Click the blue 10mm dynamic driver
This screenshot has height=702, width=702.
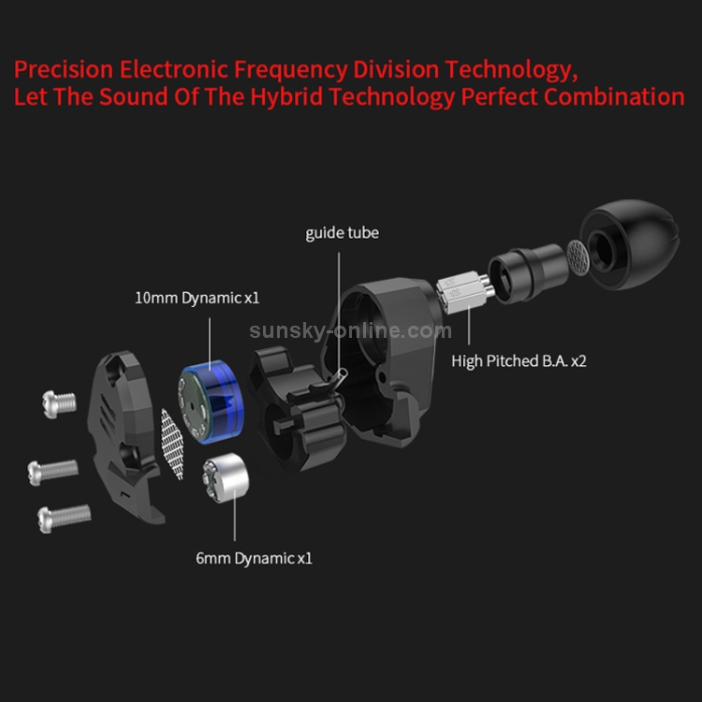coord(211,402)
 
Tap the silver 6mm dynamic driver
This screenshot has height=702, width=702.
coord(226,477)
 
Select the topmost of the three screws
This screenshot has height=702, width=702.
coord(59,403)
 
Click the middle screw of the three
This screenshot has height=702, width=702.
coord(52,472)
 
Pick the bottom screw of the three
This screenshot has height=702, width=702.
coord(64,519)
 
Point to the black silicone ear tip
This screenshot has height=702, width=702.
coord(630,244)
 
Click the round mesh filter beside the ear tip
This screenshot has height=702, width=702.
coord(578,257)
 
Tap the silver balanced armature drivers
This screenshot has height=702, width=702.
coord(465,292)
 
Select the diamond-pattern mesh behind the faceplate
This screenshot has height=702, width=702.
coord(172,444)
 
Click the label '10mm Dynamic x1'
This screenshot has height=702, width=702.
coord(197,299)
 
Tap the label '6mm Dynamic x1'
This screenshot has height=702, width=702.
coord(254,558)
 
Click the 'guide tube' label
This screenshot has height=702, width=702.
coord(342,233)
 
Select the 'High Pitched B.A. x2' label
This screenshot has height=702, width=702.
coord(519,361)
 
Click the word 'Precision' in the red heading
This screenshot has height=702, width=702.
coord(64,69)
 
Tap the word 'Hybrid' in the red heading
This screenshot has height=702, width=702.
coord(286,97)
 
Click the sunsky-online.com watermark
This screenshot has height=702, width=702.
coord(351,330)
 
